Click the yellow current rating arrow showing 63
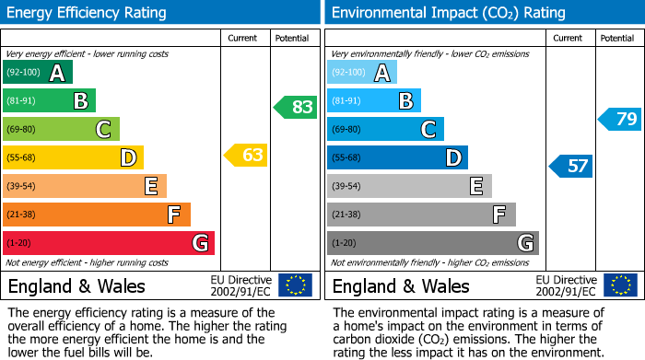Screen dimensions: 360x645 (x=246, y=156)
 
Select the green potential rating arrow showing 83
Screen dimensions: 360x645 (x=295, y=107)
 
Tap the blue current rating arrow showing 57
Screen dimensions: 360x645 (x=570, y=167)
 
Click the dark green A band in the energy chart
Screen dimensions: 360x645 (x=37, y=73)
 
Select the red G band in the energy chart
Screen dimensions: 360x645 (x=108, y=243)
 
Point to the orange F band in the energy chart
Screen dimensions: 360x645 (x=96, y=215)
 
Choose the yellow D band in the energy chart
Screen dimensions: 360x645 (x=72, y=157)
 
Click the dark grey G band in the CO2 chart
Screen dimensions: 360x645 (x=432, y=243)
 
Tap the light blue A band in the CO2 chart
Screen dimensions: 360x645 (x=361, y=73)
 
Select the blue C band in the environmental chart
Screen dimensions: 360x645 (x=385, y=129)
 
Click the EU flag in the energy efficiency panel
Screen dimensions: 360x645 (x=295, y=285)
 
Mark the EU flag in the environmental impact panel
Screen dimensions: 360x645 (x=620, y=285)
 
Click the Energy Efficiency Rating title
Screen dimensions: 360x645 (x=88, y=13)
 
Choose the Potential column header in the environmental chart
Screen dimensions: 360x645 (x=616, y=38)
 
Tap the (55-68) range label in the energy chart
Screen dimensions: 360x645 (x=21, y=158)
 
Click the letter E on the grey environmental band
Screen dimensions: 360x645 (x=475, y=187)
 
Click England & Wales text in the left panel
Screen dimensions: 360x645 (x=76, y=285)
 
